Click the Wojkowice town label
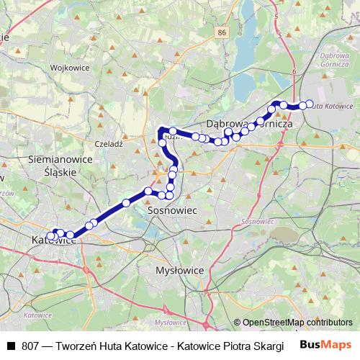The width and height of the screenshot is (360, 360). [x=69, y=68]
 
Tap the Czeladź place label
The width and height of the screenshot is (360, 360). [x=109, y=144]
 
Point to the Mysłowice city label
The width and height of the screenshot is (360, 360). [x=179, y=270]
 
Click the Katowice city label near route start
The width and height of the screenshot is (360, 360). [x=55, y=241]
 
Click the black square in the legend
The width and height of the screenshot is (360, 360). [x=12, y=346]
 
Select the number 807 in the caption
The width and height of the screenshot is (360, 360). [x=30, y=346]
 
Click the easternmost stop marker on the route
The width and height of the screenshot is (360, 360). [x=310, y=104]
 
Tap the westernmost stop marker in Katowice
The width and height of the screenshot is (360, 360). [x=50, y=236]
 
